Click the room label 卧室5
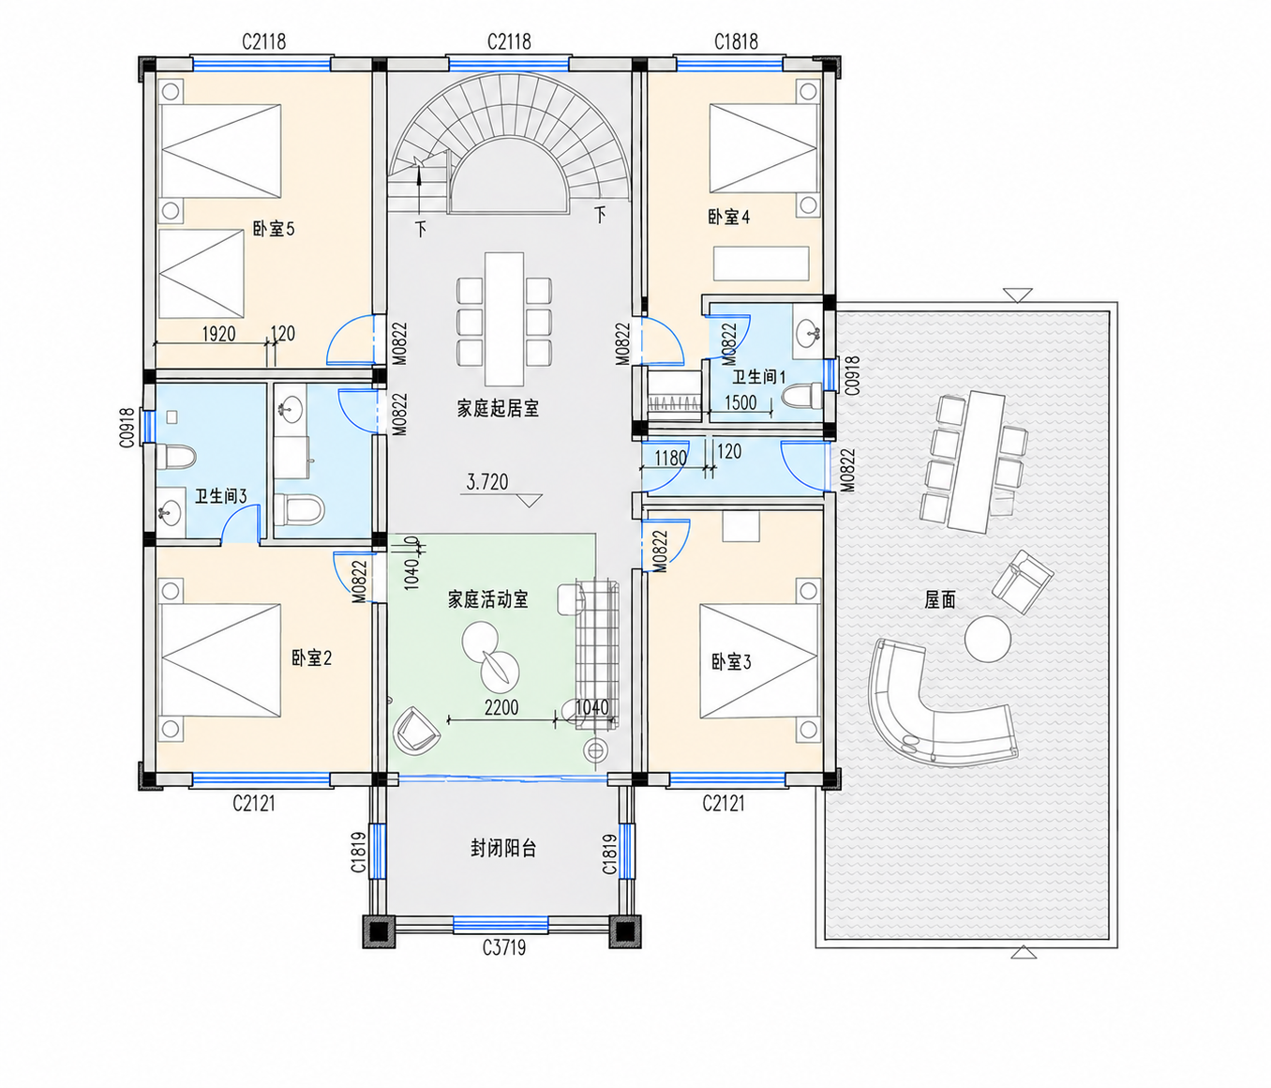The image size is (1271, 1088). click(274, 229)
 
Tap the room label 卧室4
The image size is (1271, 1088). click(728, 217)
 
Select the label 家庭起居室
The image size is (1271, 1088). click(498, 408)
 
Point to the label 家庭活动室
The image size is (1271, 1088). click(487, 598)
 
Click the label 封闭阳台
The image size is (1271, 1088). click(503, 849)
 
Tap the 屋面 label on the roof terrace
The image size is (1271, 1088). click(940, 599)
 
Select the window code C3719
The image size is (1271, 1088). click(504, 947)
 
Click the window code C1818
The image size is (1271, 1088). click(736, 41)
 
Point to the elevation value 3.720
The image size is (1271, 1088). click(487, 482)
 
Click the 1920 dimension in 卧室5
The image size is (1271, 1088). click(219, 334)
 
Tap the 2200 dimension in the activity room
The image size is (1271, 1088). click(501, 708)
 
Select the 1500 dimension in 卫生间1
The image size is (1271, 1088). click(740, 402)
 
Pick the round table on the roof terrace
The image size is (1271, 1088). click(988, 640)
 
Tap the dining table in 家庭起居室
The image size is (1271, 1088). click(504, 319)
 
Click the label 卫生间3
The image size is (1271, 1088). click(220, 495)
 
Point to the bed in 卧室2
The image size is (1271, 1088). click(219, 660)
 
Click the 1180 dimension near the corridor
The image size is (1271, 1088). click(670, 458)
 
